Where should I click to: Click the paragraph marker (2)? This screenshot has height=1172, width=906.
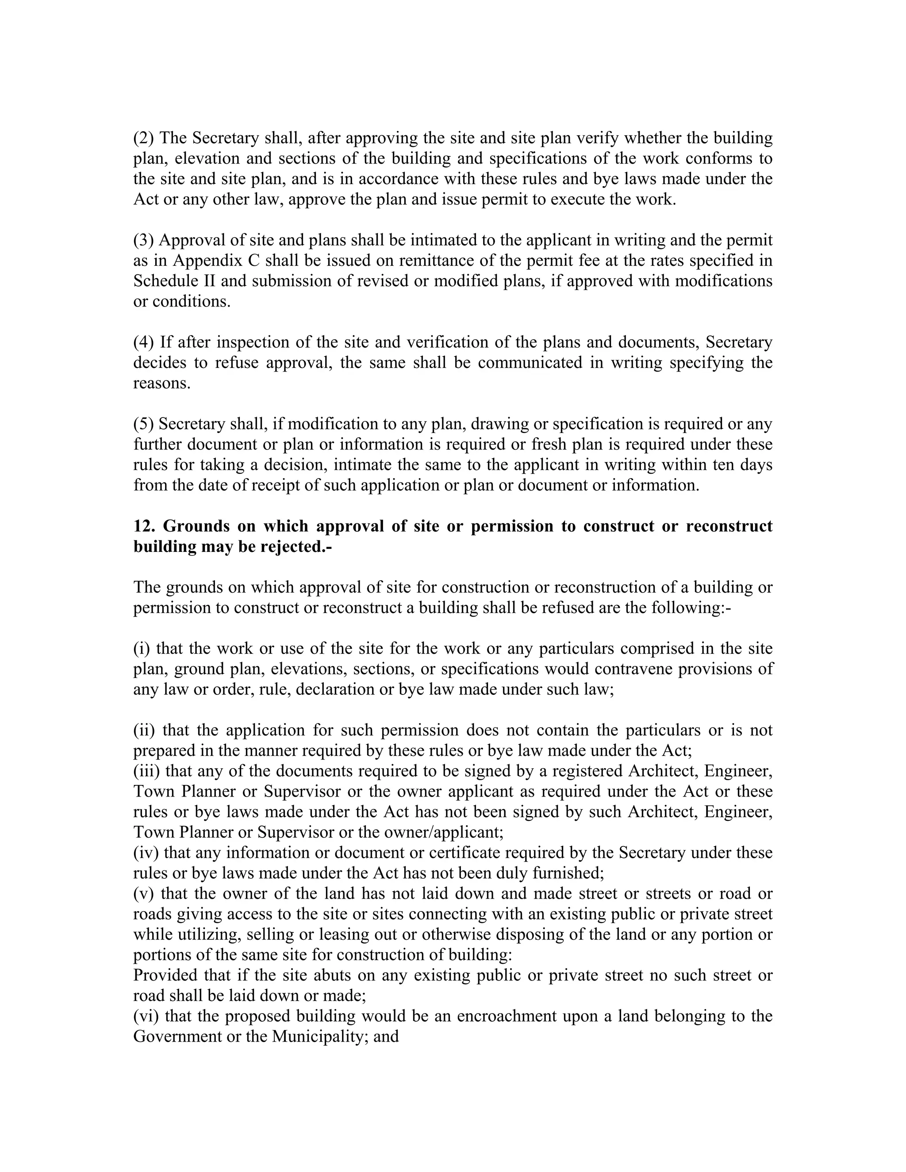(143, 138)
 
